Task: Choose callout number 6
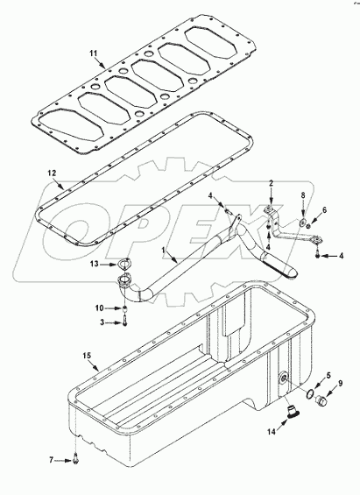(x=325, y=210)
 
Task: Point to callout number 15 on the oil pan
(x=86, y=356)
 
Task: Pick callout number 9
(x=341, y=384)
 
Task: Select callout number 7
(x=52, y=459)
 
